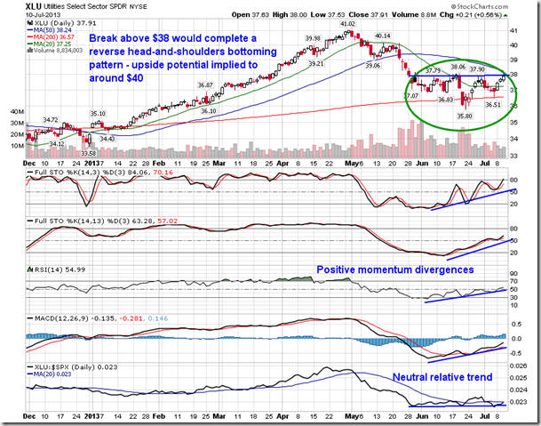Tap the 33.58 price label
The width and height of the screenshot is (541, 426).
[x=88, y=154]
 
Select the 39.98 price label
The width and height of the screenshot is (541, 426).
[x=312, y=38]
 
